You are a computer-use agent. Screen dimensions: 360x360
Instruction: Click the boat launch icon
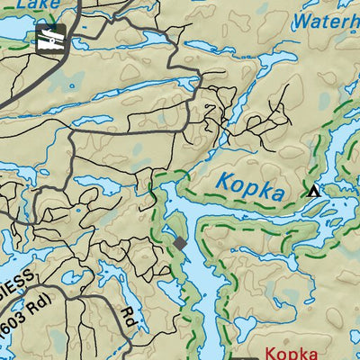pyautogui.click(x=51, y=39)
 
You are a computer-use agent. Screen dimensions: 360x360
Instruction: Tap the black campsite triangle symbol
pyautogui.click(x=313, y=191)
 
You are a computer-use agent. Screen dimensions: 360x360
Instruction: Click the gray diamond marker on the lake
pyautogui.click(x=180, y=243)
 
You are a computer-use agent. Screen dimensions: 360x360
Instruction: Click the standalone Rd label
pyautogui.click(x=128, y=316)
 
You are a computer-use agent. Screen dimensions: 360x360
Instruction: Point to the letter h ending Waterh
pyautogui.click(x=354, y=21)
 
